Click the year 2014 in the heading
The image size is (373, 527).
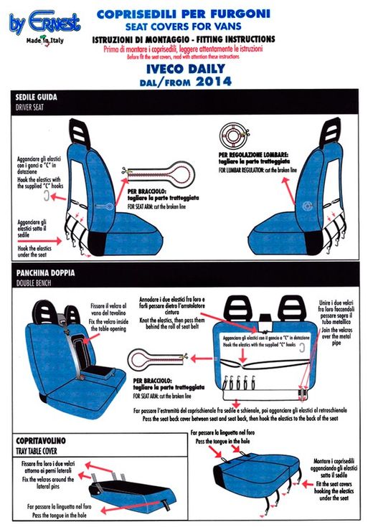coord(212,81)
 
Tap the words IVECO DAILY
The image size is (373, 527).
coord(186,68)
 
